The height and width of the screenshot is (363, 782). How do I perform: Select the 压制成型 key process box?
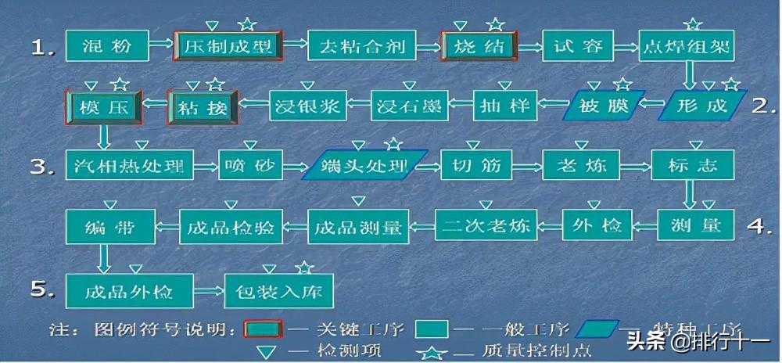click(x=228, y=47)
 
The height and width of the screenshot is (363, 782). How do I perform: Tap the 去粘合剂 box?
click(x=361, y=47)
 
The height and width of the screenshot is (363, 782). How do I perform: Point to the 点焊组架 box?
click(x=686, y=47)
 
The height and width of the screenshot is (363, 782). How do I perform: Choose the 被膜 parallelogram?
click(x=604, y=106)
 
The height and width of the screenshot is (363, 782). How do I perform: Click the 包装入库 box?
click(x=279, y=291)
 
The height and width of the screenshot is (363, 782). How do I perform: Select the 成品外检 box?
click(x=130, y=291)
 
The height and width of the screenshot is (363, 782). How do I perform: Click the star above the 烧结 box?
click(x=495, y=25)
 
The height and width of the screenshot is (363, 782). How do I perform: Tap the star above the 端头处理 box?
click(x=393, y=144)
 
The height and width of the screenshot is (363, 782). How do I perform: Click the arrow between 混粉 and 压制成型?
click(x=161, y=47)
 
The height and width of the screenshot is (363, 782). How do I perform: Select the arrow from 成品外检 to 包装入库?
click(x=210, y=291)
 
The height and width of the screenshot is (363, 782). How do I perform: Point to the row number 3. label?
click(x=43, y=167)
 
